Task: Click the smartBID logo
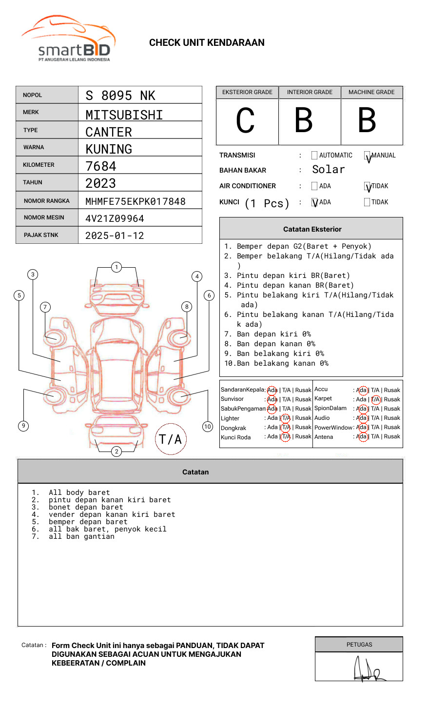[x=69, y=39]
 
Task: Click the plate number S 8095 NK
[x=120, y=96]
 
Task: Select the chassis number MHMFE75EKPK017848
[x=135, y=201]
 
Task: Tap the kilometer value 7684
[x=101, y=166]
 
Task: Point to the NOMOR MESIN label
[x=44, y=217]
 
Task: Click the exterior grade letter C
[x=245, y=120]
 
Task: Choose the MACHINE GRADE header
[x=371, y=92]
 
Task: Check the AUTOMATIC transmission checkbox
[x=314, y=156]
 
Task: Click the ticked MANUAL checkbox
[x=367, y=156]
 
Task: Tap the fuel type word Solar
[x=328, y=170]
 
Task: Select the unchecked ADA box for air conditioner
[x=314, y=186]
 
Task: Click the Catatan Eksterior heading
[x=312, y=229]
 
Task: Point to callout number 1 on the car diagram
[x=116, y=267]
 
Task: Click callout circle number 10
[x=208, y=427]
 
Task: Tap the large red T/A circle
[x=170, y=439]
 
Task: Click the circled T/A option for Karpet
[x=375, y=399]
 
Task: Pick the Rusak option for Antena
[x=391, y=436]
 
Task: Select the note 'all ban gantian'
[x=81, y=536]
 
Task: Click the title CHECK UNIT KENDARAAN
[x=207, y=43]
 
